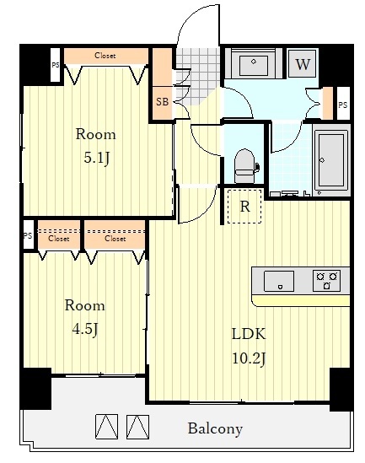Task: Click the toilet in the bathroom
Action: pyautogui.click(x=244, y=166)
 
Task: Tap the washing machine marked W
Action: pyautogui.click(x=303, y=63)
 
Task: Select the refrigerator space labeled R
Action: pyautogui.click(x=244, y=207)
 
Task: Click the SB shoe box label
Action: pyautogui.click(x=163, y=102)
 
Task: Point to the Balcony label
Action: pyautogui.click(x=215, y=428)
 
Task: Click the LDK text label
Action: pyautogui.click(x=249, y=334)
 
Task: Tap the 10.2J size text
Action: pyautogui.click(x=250, y=358)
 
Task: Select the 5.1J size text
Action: pyautogui.click(x=96, y=159)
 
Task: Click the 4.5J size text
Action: pyautogui.click(x=85, y=329)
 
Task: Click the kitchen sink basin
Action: pyautogui.click(x=279, y=281)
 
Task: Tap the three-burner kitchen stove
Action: pyautogui.click(x=326, y=281)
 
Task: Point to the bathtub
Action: pyautogui.click(x=331, y=160)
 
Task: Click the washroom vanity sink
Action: pyautogui.click(x=254, y=64)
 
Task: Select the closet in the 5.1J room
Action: pyautogui.click(x=106, y=57)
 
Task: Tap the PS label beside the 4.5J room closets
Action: pyautogui.click(x=28, y=235)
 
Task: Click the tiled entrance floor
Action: pyautogui.click(x=198, y=75)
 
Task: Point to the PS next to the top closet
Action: pyautogui.click(x=55, y=65)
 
